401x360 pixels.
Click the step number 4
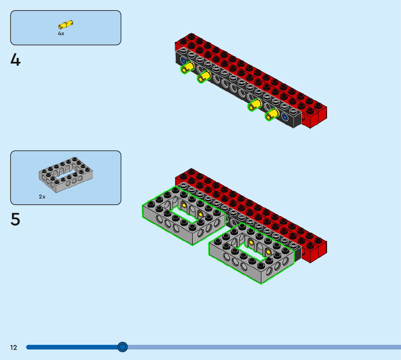click(15, 60)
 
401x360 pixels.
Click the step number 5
click(15, 219)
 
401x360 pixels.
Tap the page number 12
click(13, 348)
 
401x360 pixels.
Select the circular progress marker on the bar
click(123, 347)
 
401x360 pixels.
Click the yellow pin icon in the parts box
click(66, 25)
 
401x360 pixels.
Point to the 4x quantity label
click(61, 33)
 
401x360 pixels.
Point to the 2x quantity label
click(42, 197)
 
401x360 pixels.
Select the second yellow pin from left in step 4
click(204, 76)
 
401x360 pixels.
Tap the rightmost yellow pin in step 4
click(272, 115)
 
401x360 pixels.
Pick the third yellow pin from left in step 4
click(255, 106)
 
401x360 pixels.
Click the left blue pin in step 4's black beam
click(183, 60)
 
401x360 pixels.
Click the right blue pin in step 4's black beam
click(285, 117)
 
